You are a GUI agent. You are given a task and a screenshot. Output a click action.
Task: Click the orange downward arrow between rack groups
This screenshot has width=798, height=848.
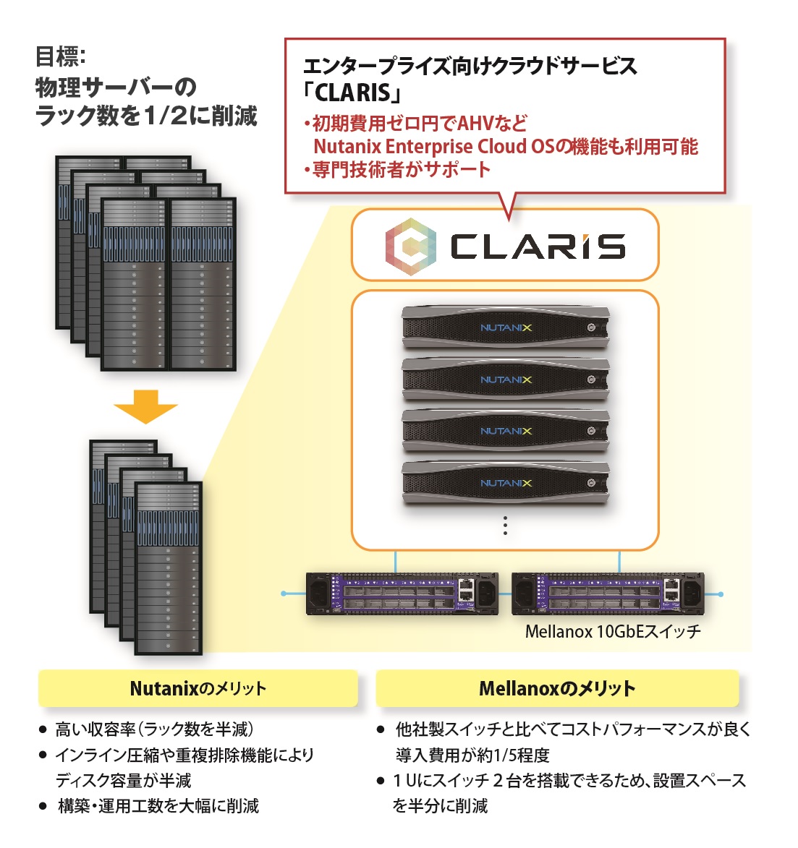[145, 406]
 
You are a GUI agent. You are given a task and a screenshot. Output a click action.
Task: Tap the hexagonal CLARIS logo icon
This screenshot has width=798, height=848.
[410, 247]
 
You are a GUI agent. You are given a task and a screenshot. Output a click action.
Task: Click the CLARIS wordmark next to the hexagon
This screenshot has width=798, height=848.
[538, 247]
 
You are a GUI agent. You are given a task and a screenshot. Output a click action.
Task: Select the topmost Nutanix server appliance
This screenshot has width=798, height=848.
[505, 327]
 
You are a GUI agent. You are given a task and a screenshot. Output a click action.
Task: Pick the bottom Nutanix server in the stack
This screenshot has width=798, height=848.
[505, 483]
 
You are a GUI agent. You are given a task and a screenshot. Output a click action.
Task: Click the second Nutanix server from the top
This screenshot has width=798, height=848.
[505, 380]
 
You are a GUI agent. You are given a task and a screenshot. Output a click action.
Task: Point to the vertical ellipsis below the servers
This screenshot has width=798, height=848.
[505, 526]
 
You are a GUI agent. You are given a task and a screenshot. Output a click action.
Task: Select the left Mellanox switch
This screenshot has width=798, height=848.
[402, 594]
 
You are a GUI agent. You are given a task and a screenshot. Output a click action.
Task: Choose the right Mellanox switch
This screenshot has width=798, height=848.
[608, 594]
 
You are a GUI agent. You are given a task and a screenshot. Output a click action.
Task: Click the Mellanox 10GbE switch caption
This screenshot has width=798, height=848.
[613, 632]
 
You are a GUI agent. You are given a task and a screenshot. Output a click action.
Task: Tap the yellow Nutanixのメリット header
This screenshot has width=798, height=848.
[198, 688]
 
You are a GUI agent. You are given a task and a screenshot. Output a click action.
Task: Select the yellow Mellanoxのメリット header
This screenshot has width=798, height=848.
[557, 688]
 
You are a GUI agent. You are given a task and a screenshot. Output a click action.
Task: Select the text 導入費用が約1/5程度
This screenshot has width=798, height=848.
[472, 755]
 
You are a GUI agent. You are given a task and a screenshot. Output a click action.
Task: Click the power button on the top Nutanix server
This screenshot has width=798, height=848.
[591, 327]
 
